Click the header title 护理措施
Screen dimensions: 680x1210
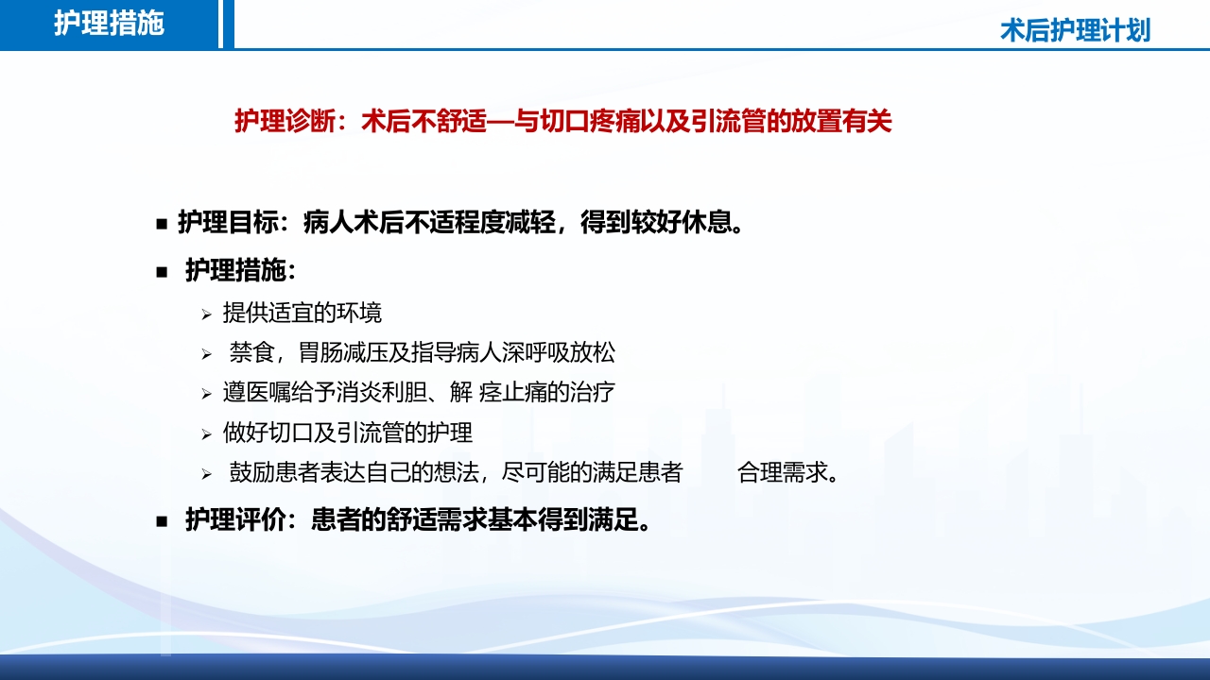click(x=109, y=24)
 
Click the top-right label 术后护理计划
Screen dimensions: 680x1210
click(x=1075, y=30)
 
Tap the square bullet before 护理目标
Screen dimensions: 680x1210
click(x=162, y=224)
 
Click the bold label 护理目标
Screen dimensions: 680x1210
click(x=228, y=223)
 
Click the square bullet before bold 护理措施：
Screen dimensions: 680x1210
click(x=162, y=272)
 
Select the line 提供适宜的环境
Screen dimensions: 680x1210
click(x=302, y=313)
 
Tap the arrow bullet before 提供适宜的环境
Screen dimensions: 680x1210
click(x=206, y=314)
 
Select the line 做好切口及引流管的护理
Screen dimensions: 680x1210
click(x=348, y=433)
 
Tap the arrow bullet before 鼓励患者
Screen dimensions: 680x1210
click(x=206, y=474)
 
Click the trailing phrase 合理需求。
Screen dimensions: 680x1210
click(x=788, y=473)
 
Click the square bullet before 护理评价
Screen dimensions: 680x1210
click(x=162, y=520)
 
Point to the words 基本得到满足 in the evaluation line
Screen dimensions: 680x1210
click(x=567, y=520)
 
